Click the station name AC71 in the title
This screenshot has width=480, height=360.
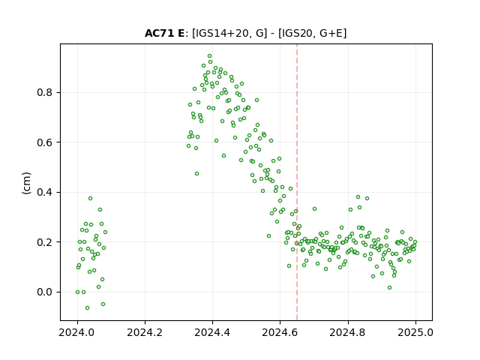point(160,33)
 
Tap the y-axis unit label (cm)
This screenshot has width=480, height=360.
point(27,183)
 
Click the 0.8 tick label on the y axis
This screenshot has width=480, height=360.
point(44,92)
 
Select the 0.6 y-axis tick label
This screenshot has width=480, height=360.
point(44,142)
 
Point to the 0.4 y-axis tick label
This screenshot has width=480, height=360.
point(44,192)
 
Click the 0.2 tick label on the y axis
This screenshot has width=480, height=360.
point(44,242)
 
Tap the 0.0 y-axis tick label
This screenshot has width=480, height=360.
point(44,292)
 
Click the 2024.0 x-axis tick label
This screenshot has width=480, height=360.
point(77,332)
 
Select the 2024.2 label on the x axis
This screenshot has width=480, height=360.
point(145,332)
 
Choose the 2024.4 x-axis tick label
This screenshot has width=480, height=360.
point(212,332)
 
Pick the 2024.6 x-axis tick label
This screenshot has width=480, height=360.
point(280,332)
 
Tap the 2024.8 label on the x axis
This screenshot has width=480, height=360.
point(348,332)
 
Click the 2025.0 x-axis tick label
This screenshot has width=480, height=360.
point(415,332)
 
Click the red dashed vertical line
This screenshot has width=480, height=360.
point(297,182)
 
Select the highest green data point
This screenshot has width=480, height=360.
point(210,56)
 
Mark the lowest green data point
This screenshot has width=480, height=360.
point(87,307)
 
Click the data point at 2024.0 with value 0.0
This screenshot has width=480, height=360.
point(77,292)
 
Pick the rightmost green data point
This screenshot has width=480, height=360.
point(415,241)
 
